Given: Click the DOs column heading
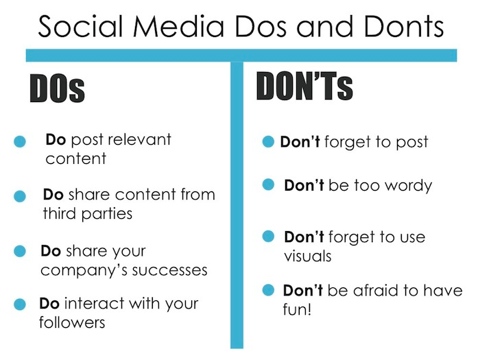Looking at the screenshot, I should click(57, 89).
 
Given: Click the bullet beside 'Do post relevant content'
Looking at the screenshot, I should click(20, 142).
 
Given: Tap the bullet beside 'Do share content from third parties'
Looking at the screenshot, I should click(20, 196).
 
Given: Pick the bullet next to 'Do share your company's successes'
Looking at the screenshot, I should click(20, 252).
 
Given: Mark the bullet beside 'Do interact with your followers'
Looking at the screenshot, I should click(20, 304).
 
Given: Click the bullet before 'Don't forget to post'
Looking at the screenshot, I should click(269, 143).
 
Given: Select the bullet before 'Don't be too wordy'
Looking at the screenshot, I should click(269, 185).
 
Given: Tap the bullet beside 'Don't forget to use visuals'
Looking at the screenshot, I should click(269, 237).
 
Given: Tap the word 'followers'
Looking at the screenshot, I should click(72, 322).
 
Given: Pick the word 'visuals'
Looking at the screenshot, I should click(308, 256).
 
